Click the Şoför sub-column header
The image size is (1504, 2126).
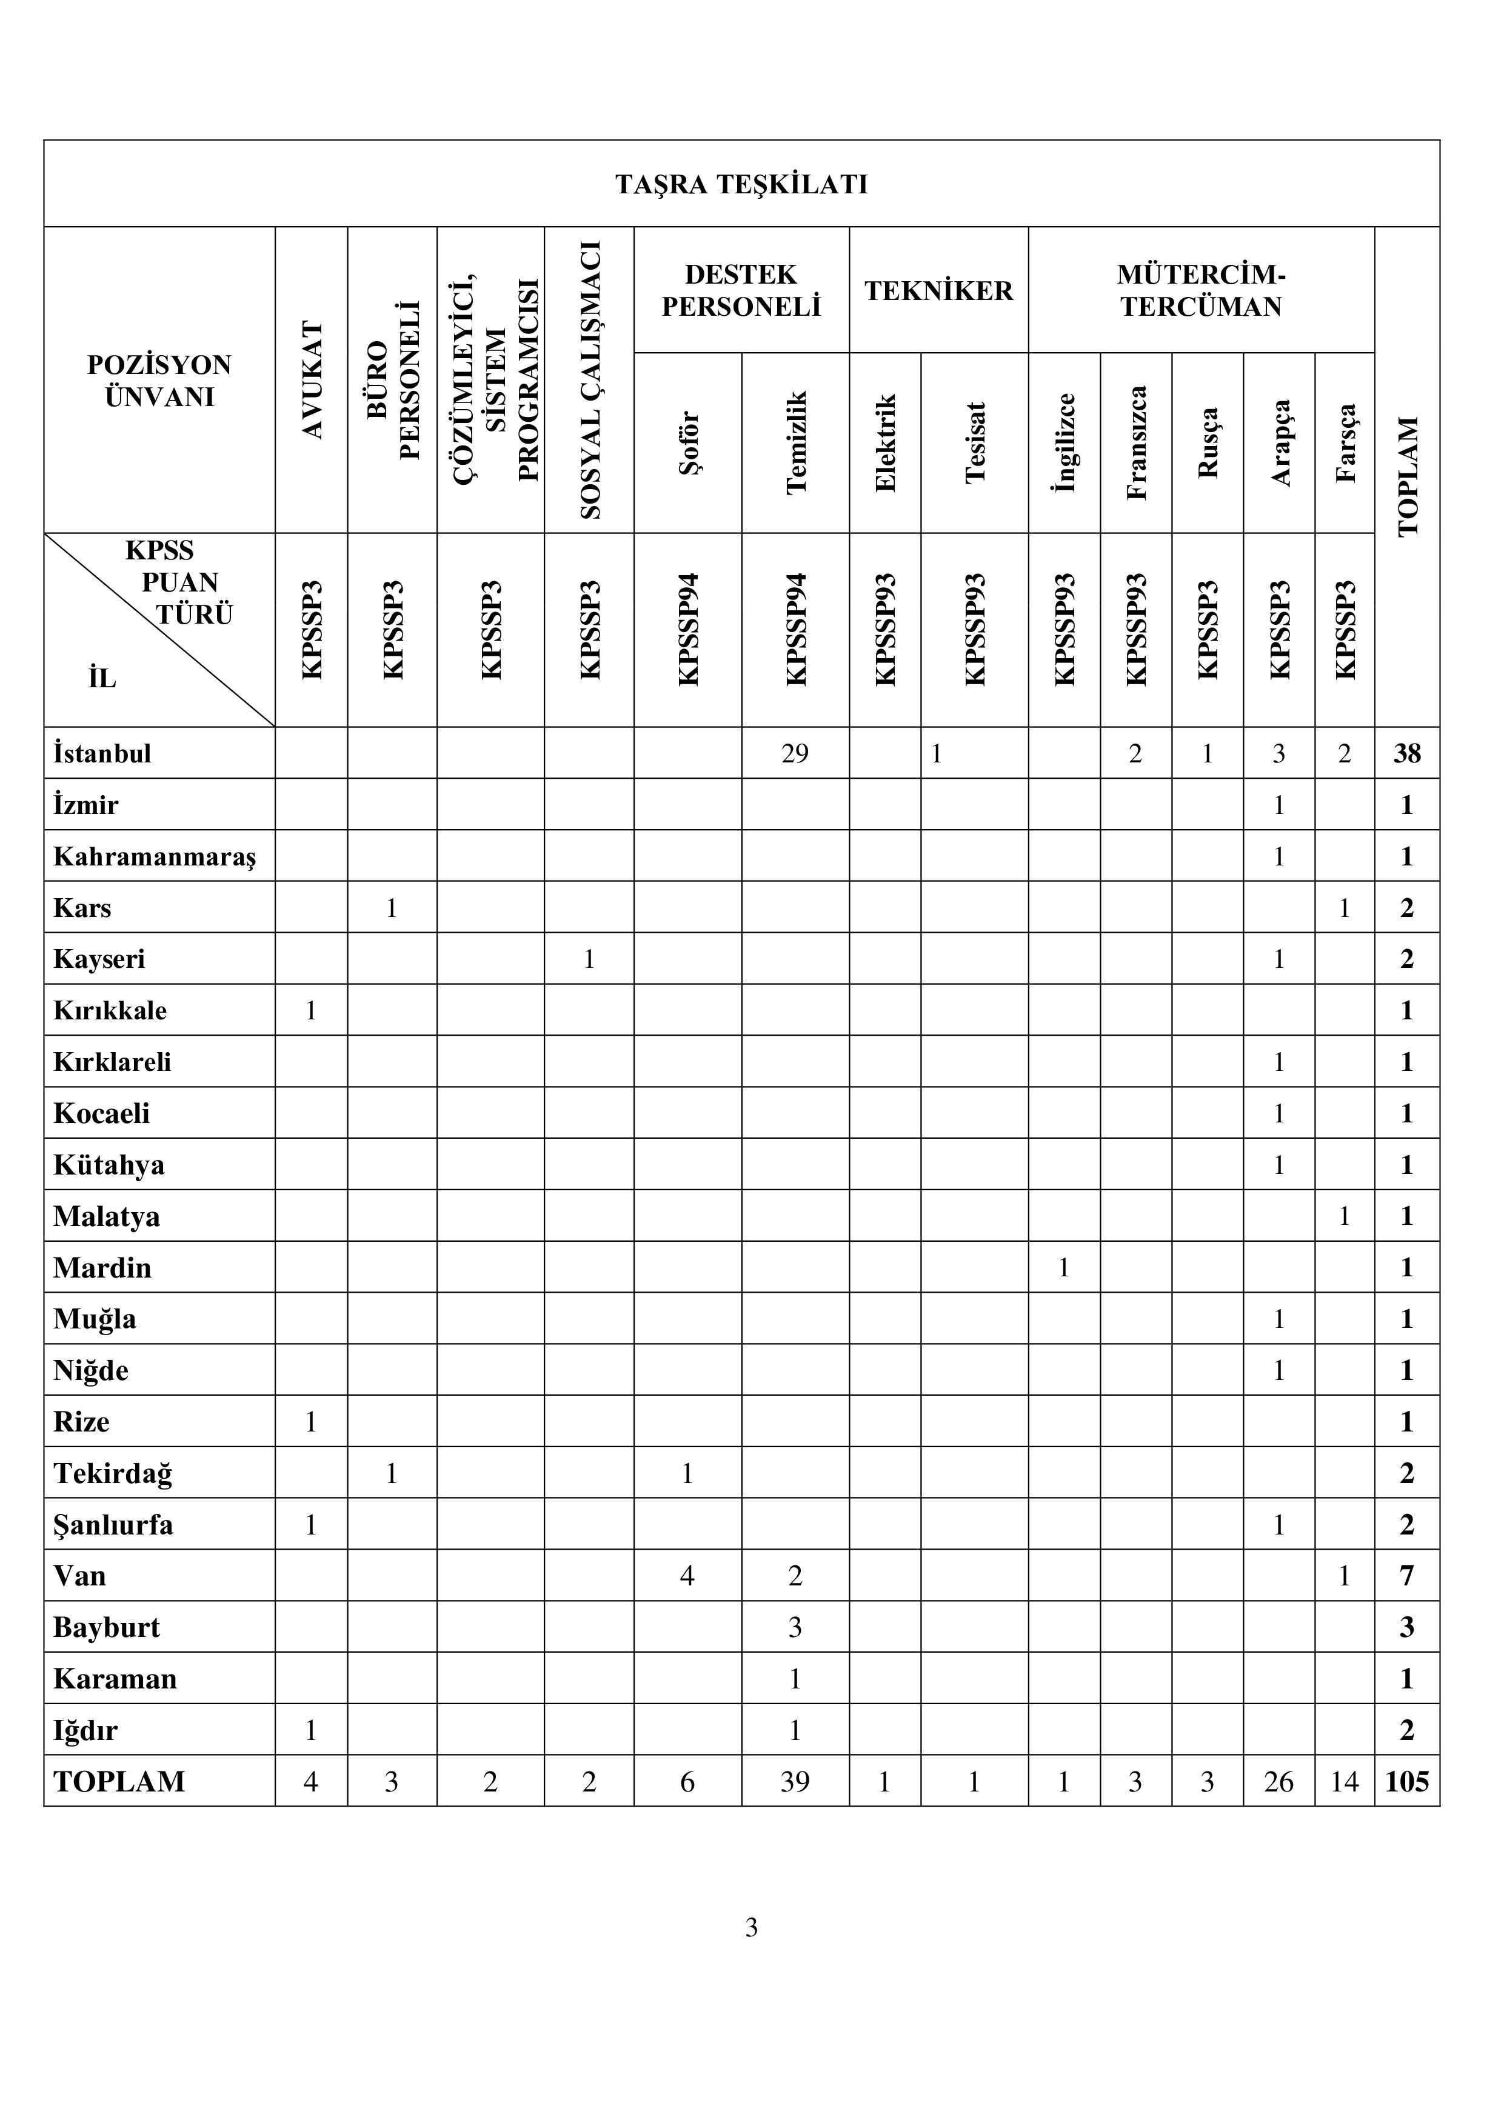[688, 442]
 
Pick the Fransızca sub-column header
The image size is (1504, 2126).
[1136, 442]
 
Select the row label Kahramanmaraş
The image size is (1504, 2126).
[154, 856]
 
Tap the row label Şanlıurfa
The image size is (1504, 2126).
[113, 1525]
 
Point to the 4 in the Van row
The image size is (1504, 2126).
[687, 1576]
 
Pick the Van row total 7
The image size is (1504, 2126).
[1407, 1576]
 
